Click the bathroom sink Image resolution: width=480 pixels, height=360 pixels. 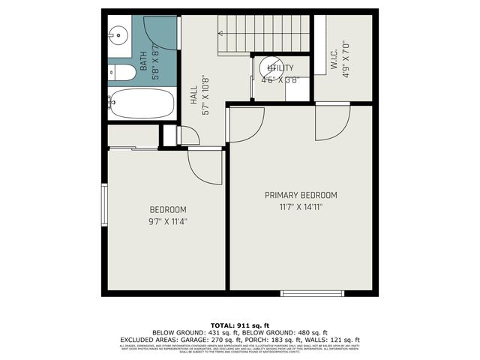(x=117, y=34)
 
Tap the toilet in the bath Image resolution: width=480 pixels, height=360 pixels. (x=123, y=73)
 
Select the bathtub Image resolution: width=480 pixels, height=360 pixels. (x=142, y=103)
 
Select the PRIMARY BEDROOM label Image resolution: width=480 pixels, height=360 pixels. (x=301, y=195)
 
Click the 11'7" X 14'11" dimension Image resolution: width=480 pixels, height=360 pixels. (x=301, y=207)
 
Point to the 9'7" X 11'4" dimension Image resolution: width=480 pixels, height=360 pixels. (x=168, y=221)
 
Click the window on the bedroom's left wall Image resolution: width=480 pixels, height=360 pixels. (x=105, y=204)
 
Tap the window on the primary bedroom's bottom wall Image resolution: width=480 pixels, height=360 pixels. (x=312, y=293)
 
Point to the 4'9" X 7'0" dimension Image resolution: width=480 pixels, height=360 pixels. (x=346, y=60)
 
